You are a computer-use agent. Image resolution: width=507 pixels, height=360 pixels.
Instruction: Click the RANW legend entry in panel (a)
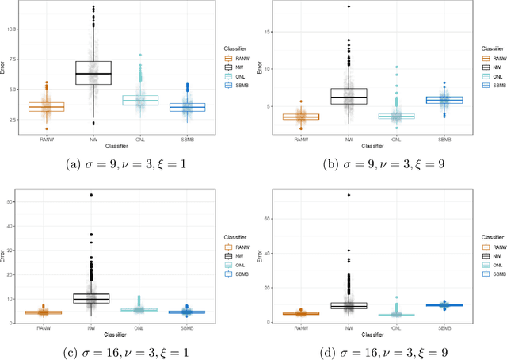(x=235, y=58)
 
